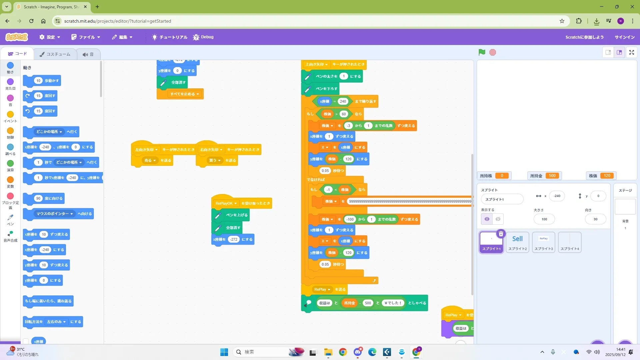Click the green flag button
[482, 52]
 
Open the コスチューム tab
[55, 54]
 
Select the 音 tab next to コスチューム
[88, 54]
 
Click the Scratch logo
[17, 37]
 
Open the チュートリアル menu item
[170, 37]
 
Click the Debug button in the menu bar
[203, 37]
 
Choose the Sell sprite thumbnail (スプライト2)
[517, 242]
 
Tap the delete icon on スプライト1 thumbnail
[501, 234]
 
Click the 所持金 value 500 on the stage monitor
[552, 176]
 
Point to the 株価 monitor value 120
[607, 176]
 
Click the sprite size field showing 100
[544, 219]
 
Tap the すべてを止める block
[180, 94]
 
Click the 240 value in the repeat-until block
[343, 101]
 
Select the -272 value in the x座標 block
[234, 239]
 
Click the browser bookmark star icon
[562, 21]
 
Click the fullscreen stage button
[631, 52]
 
